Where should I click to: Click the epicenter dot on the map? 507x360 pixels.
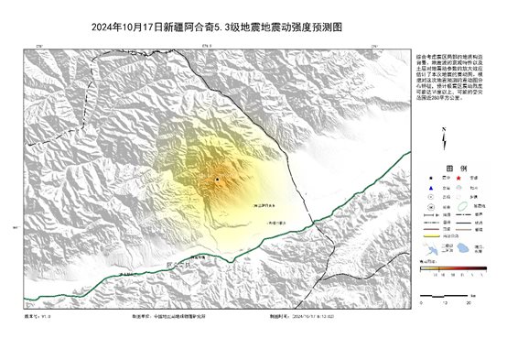tap(217, 180)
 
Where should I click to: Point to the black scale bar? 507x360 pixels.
tap(445, 296)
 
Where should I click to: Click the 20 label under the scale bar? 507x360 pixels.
tap(469, 302)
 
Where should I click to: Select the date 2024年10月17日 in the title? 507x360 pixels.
tap(135, 26)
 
